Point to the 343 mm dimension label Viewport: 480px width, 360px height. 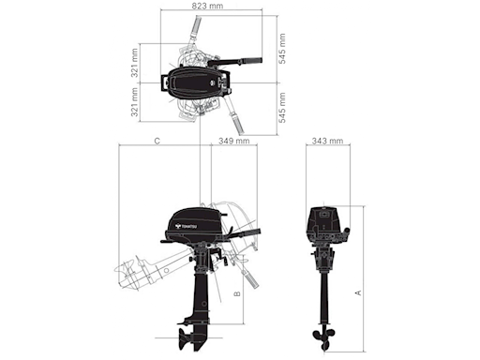click(x=327, y=141)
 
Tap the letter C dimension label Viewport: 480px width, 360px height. click(x=157, y=141)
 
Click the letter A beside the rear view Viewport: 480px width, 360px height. click(x=357, y=292)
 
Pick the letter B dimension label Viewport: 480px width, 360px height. click(x=237, y=292)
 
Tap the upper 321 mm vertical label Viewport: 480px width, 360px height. click(x=135, y=64)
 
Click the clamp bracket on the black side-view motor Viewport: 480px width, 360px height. click(x=216, y=255)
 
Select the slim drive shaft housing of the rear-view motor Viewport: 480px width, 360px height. click(x=325, y=291)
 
